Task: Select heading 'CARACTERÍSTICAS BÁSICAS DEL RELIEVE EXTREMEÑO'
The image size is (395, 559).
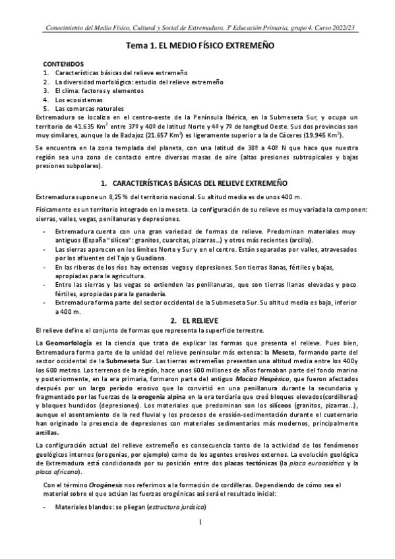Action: pyautogui.click(x=204, y=181)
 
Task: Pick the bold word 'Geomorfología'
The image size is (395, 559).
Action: pyautogui.click(x=69, y=345)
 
